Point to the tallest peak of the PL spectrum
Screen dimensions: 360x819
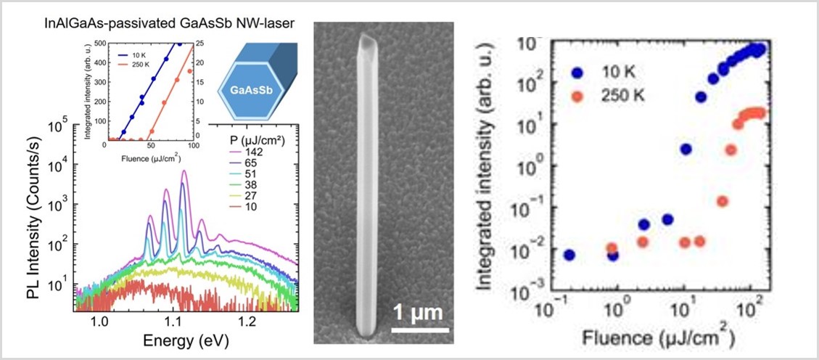pyautogui.click(x=184, y=172)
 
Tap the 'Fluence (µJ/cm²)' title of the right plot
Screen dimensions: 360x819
pyautogui.click(x=657, y=337)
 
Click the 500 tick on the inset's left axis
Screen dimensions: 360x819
pyautogui.click(x=98, y=44)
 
